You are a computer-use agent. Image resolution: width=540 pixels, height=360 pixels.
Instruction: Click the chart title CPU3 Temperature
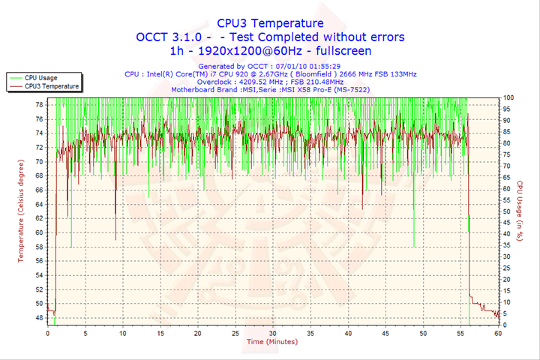pos(270,23)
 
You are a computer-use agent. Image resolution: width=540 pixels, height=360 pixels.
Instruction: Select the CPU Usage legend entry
pos(40,77)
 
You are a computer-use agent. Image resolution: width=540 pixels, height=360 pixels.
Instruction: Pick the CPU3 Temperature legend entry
pos(52,86)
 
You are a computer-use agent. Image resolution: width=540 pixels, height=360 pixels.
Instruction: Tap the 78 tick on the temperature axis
pos(39,105)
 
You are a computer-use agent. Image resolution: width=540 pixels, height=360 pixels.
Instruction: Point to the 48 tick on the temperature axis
pos(39,318)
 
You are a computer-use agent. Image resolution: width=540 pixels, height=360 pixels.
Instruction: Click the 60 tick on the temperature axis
pos(39,232)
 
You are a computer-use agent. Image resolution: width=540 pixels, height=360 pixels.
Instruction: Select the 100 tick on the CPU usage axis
pos(508,97)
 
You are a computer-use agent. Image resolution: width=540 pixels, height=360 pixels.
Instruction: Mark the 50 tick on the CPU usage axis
pos(507,211)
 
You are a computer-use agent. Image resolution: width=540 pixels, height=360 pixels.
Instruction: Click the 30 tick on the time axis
pos(272,332)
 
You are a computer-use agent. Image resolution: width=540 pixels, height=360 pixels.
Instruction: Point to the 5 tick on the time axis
pos(85,332)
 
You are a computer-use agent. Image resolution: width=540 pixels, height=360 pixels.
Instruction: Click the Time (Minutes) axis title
pos(271,342)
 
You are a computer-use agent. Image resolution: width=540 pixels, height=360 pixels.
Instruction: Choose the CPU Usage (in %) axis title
pos(519,211)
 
